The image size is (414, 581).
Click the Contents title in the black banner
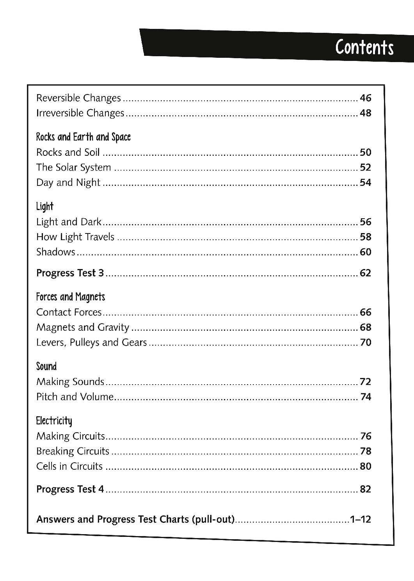click(x=364, y=48)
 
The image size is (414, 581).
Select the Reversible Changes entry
click(x=78, y=98)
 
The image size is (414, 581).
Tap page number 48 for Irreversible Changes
click(x=365, y=113)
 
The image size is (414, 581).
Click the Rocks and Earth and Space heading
click(x=83, y=137)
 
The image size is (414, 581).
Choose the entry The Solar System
click(x=73, y=168)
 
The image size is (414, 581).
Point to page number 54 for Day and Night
click(x=365, y=183)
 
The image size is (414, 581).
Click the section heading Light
click(x=44, y=207)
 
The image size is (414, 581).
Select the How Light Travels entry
click(x=75, y=237)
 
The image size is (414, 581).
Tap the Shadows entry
click(x=55, y=252)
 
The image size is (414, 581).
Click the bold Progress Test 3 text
click(x=70, y=273)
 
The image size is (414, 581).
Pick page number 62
click(x=365, y=273)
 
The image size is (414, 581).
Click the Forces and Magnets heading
click(x=71, y=297)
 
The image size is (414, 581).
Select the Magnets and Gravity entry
click(x=83, y=327)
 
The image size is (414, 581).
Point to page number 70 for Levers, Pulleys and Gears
click(x=365, y=342)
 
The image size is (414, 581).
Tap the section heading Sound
click(x=46, y=366)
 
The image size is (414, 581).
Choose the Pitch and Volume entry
click(x=75, y=397)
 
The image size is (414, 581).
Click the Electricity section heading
click(x=54, y=421)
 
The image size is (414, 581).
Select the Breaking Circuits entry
click(x=73, y=451)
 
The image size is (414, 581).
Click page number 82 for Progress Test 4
click(x=365, y=489)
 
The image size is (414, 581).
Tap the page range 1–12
click(x=360, y=520)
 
